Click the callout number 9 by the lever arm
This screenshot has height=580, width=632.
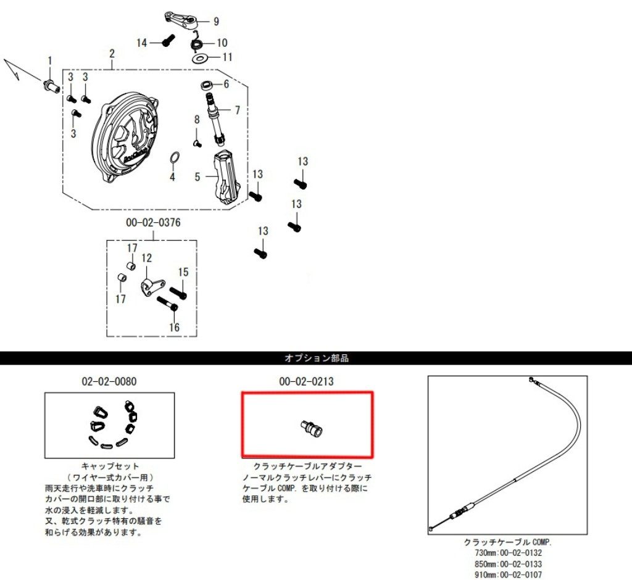[216, 21]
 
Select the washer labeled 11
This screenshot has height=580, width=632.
[199, 58]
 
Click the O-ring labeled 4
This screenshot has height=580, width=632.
[174, 158]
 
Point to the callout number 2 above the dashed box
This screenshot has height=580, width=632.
[112, 54]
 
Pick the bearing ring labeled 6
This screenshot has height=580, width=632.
[207, 85]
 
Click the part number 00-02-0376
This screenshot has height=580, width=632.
[153, 223]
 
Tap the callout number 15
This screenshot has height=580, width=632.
[183, 272]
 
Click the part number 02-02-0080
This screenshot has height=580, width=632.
[109, 381]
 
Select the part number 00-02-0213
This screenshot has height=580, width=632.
[306, 381]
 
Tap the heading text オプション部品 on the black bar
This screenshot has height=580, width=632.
[316, 358]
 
